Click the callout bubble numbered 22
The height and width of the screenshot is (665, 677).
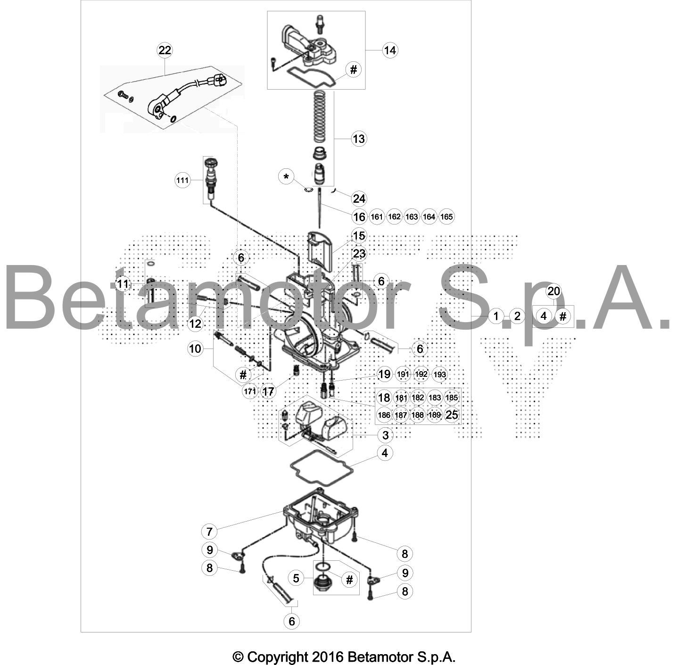[165, 50]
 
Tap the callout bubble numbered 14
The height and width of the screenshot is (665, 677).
[390, 50]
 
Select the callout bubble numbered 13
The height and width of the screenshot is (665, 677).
[359, 139]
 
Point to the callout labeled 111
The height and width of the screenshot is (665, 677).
[182, 181]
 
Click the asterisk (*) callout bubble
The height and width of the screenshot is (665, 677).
[286, 177]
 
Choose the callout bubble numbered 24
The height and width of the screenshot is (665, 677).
[359, 199]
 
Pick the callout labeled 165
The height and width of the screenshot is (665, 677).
[446, 217]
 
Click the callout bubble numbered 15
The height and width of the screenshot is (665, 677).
[359, 236]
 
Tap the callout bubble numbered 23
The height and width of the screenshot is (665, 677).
[359, 254]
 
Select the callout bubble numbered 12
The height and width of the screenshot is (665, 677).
[196, 324]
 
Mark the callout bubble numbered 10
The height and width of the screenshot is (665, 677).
[195, 349]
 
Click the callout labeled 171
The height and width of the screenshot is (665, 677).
[250, 391]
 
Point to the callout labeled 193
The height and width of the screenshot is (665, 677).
[439, 374]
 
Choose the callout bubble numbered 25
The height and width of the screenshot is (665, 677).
[452, 415]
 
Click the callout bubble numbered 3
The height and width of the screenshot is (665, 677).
[385, 435]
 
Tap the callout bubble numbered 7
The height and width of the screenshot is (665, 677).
[209, 532]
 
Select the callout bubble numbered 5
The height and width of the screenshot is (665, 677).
[296, 578]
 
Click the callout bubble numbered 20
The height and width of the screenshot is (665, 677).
[553, 291]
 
